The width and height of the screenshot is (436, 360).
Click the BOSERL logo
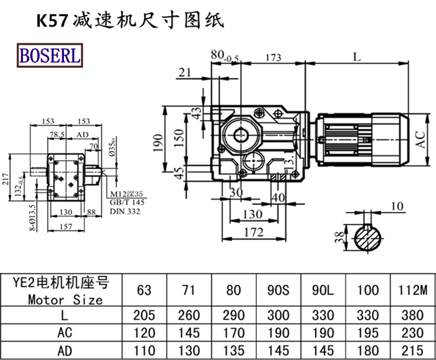[50, 54]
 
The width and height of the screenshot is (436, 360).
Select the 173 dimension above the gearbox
[275, 57]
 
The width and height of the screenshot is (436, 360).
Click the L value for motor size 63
[144, 315]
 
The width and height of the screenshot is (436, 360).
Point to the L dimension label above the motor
[357, 56]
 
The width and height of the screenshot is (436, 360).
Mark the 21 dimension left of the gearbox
[185, 72]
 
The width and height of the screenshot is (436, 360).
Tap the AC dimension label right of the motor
[420, 139]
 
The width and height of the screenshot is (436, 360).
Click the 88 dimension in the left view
[91, 212]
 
